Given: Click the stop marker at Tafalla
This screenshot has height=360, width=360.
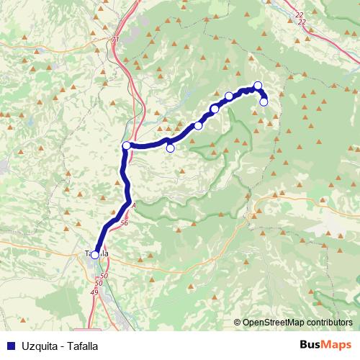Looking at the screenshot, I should (x=94, y=254).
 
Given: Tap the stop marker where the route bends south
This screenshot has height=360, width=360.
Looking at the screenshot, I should (x=126, y=146).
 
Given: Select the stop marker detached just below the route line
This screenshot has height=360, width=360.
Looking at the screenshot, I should (x=171, y=149).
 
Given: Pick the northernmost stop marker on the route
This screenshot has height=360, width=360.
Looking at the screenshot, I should (x=258, y=86).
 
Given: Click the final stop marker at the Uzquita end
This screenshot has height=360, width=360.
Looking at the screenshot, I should (x=264, y=102).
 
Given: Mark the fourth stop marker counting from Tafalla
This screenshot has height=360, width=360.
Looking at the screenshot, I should (x=198, y=126).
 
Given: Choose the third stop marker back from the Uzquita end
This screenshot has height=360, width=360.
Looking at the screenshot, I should (x=229, y=96).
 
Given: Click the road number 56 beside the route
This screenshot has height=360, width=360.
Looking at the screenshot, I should (x=125, y=223).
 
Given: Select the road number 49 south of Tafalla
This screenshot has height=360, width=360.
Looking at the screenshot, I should (x=94, y=291).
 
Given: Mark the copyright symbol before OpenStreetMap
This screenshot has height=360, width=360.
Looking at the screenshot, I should (x=238, y=323).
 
